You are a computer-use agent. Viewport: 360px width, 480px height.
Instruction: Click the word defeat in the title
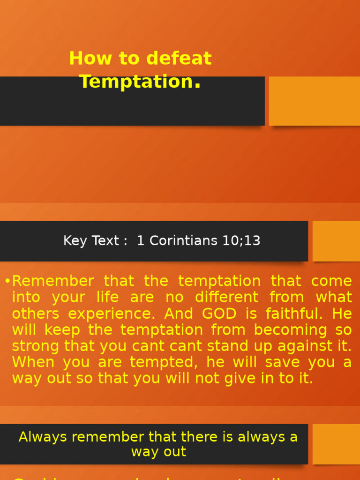tap(179, 59)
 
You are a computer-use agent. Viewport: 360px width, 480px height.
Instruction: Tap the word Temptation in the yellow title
tap(136, 82)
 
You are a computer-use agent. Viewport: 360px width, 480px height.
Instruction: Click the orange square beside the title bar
tap(314, 101)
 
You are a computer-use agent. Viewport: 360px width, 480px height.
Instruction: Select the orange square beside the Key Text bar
tap(336, 241)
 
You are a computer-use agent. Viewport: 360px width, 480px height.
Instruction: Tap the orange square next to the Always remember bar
tap(336, 444)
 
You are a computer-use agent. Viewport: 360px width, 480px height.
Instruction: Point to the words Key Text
tap(91, 241)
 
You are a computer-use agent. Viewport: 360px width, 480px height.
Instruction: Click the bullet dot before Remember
tap(7, 281)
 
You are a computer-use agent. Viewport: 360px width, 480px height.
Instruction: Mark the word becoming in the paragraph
tap(287, 330)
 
